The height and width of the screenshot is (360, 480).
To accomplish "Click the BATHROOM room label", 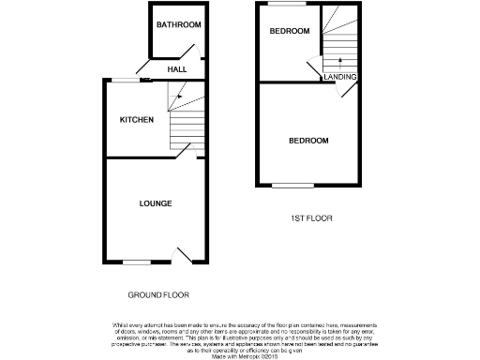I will pos(178,24).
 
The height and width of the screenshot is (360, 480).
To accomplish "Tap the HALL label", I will pos(176,69).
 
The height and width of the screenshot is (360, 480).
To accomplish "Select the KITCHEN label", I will pos(136,120).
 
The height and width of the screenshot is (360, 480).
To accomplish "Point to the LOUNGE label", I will pos(156,203).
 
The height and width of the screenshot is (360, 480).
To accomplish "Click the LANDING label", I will pos(338,77).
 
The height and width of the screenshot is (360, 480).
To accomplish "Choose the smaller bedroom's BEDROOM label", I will pos(289,32).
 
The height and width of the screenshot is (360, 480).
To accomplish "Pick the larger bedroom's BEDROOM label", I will pos(308,141).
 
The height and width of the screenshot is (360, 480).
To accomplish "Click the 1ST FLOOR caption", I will pos(310,217).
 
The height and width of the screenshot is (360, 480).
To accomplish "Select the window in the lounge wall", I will pos(137,262).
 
